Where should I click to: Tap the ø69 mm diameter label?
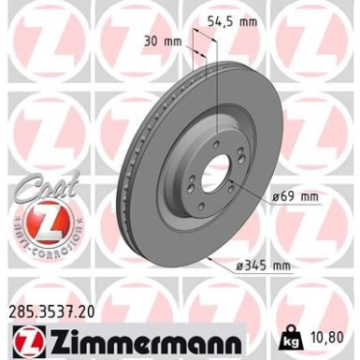[295, 195]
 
